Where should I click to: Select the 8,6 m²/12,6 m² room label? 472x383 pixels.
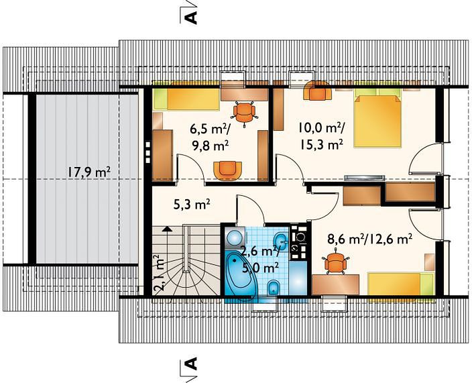pyautogui.click(x=369, y=239)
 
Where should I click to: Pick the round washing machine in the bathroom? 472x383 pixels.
pyautogui.click(x=235, y=237)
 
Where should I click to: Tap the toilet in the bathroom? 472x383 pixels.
pyautogui.click(x=274, y=288)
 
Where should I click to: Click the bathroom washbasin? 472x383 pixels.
pyautogui.click(x=280, y=240)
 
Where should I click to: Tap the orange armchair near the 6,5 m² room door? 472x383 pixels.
pyautogui.click(x=227, y=170)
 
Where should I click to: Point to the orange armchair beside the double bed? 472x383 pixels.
pyautogui.click(x=318, y=91)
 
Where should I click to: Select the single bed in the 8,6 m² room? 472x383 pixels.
pyautogui.click(x=400, y=284)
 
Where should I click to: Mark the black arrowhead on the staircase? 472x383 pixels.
pyautogui.click(x=167, y=229)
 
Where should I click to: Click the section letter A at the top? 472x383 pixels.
pyautogui.click(x=192, y=17)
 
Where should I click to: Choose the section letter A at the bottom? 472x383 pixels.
pyautogui.click(x=192, y=364)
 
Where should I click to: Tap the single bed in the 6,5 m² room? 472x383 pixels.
pyautogui.click(x=186, y=99)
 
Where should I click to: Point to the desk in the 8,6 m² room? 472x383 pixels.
pyautogui.click(x=336, y=284)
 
